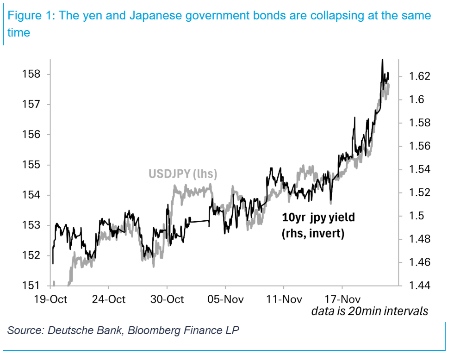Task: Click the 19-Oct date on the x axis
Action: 51,299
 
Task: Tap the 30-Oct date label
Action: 168,299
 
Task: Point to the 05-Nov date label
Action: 226,299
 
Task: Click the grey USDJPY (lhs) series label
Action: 183,174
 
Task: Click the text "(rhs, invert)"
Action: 313,233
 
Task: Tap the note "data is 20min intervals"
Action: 369,311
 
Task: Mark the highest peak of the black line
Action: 382,60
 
